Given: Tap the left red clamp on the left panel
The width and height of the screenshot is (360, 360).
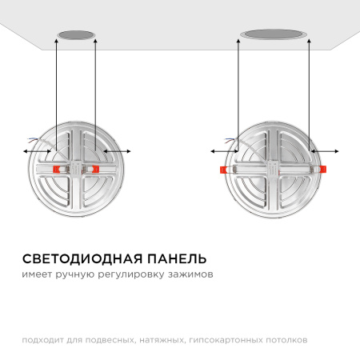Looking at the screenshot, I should click(58, 170).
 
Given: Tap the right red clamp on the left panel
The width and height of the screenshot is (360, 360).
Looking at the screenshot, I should click(94, 170).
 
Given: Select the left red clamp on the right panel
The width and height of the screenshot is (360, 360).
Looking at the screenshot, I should click(222, 170).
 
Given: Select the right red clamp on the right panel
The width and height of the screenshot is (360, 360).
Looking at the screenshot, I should click(324, 169).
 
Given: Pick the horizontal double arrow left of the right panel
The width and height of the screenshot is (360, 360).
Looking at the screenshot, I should click(224, 150).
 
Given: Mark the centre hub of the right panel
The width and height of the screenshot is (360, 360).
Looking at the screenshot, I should click(274, 169).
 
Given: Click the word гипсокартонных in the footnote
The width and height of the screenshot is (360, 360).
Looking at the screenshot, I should click(223, 339).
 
